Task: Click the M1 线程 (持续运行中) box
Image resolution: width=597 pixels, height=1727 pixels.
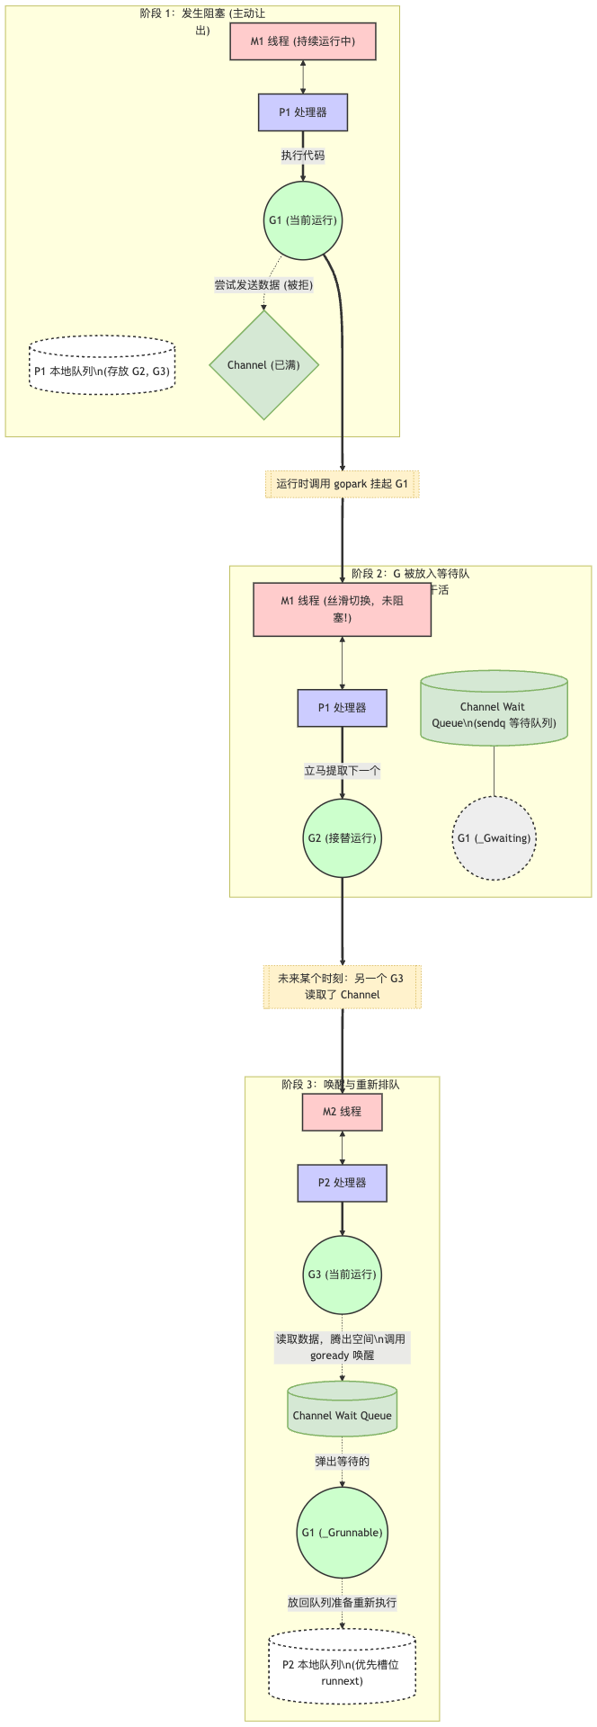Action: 302,41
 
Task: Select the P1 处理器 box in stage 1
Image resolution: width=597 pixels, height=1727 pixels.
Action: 302,112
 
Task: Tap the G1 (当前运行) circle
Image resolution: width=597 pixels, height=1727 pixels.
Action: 303,219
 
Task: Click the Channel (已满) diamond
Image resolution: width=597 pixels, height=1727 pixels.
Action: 263,365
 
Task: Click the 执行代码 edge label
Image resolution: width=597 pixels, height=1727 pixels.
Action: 302,156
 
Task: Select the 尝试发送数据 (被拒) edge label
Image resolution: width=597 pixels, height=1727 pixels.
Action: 263,285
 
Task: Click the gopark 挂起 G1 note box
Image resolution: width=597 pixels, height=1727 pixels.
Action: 342,484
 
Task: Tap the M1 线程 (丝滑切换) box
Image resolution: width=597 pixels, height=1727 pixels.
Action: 342,609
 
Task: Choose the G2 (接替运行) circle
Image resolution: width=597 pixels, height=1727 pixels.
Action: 342,837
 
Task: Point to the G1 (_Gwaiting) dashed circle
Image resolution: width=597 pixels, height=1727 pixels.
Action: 494,837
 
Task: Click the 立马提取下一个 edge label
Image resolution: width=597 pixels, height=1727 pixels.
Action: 342,770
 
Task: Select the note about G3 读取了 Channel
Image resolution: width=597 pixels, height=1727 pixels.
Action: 342,987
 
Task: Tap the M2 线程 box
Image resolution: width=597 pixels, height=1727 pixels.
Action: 342,1112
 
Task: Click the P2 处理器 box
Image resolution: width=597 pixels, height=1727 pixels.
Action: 342,1183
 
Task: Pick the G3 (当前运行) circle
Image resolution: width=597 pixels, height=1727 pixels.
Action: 342,1274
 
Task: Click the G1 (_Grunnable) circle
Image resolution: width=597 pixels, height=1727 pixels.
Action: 342,1532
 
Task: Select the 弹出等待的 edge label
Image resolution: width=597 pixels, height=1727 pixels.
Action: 342,1462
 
